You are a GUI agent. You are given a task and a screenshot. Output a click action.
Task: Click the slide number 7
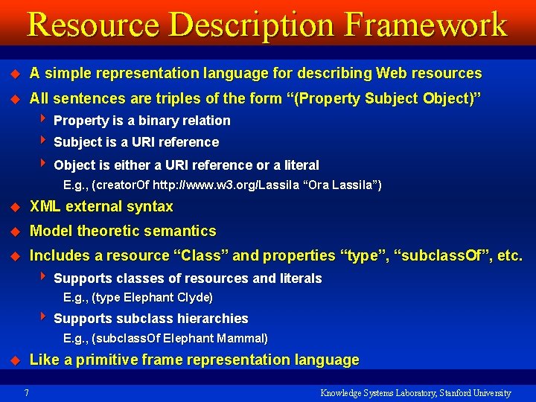point(27,392)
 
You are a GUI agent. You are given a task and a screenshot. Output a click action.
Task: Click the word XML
point(45,206)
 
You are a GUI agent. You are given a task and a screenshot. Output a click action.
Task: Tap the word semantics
point(181,231)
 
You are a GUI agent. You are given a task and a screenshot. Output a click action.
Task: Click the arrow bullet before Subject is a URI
point(46,141)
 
